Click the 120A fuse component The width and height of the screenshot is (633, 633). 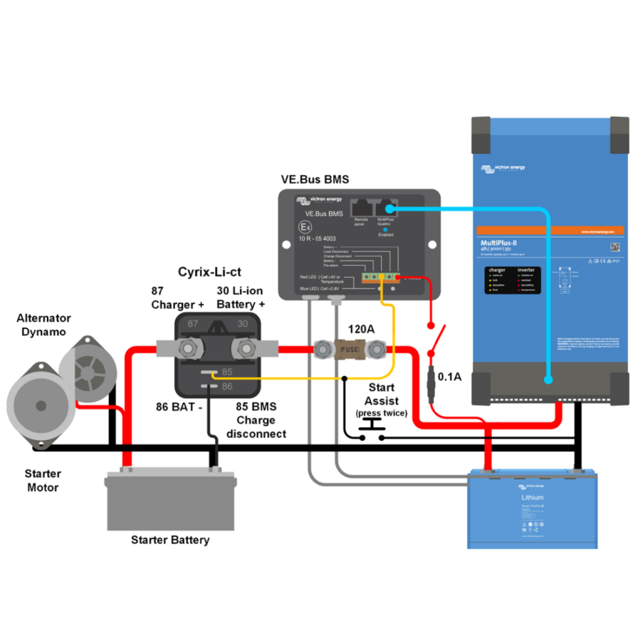[348, 350]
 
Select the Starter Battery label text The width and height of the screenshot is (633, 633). [170, 540]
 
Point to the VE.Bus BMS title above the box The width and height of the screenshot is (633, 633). [315, 180]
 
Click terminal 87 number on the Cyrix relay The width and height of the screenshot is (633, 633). [193, 324]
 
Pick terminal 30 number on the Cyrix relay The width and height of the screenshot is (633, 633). [242, 324]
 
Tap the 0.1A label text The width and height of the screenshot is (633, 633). [449, 376]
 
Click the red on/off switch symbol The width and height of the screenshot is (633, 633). [436, 339]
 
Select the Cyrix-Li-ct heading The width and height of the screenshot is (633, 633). [209, 271]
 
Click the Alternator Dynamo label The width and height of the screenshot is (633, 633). [44, 325]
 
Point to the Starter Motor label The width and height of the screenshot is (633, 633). [43, 480]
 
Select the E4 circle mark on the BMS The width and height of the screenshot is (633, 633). [304, 227]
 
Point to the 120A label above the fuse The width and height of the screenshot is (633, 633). [361, 329]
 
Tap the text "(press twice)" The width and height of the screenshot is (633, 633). [381, 413]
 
